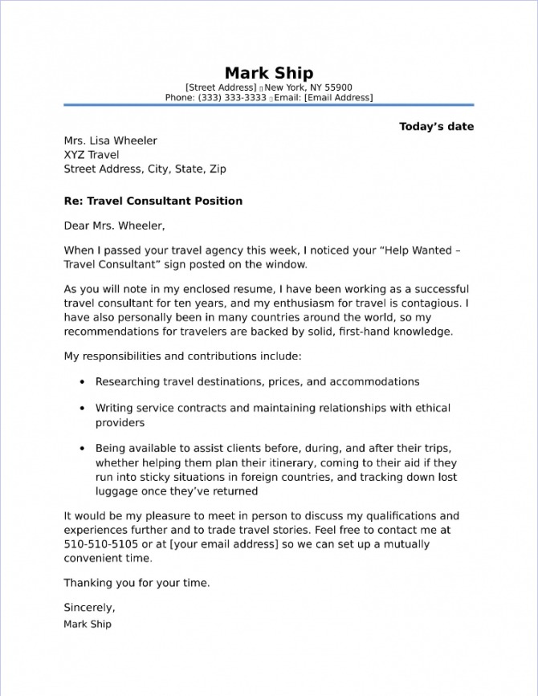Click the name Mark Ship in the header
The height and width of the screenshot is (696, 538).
(x=268, y=73)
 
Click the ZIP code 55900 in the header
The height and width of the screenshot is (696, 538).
(x=338, y=88)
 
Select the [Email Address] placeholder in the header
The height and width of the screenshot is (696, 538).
(x=338, y=98)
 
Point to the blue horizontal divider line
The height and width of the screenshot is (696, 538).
(x=268, y=105)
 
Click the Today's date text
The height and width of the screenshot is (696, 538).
(x=436, y=127)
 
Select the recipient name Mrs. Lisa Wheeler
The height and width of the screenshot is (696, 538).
(x=111, y=140)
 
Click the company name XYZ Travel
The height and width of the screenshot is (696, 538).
(x=92, y=155)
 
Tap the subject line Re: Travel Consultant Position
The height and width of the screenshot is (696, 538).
(x=153, y=201)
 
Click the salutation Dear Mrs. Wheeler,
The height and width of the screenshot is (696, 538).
(x=114, y=226)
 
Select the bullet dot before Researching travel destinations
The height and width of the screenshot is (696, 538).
(x=83, y=383)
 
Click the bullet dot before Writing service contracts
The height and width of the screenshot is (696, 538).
(x=83, y=409)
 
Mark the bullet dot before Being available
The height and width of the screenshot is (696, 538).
(x=83, y=448)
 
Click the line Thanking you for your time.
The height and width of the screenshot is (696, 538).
(x=137, y=584)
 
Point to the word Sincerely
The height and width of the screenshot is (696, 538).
(x=88, y=608)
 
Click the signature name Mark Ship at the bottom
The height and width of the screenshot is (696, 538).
(x=88, y=624)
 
